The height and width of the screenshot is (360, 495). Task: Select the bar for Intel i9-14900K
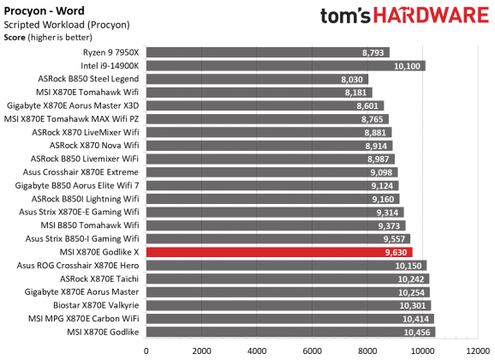(x=285, y=65)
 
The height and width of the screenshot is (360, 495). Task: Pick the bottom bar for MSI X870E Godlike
(x=290, y=332)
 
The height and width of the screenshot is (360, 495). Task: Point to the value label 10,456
(x=420, y=332)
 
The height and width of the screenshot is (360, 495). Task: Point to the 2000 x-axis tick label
(x=202, y=351)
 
